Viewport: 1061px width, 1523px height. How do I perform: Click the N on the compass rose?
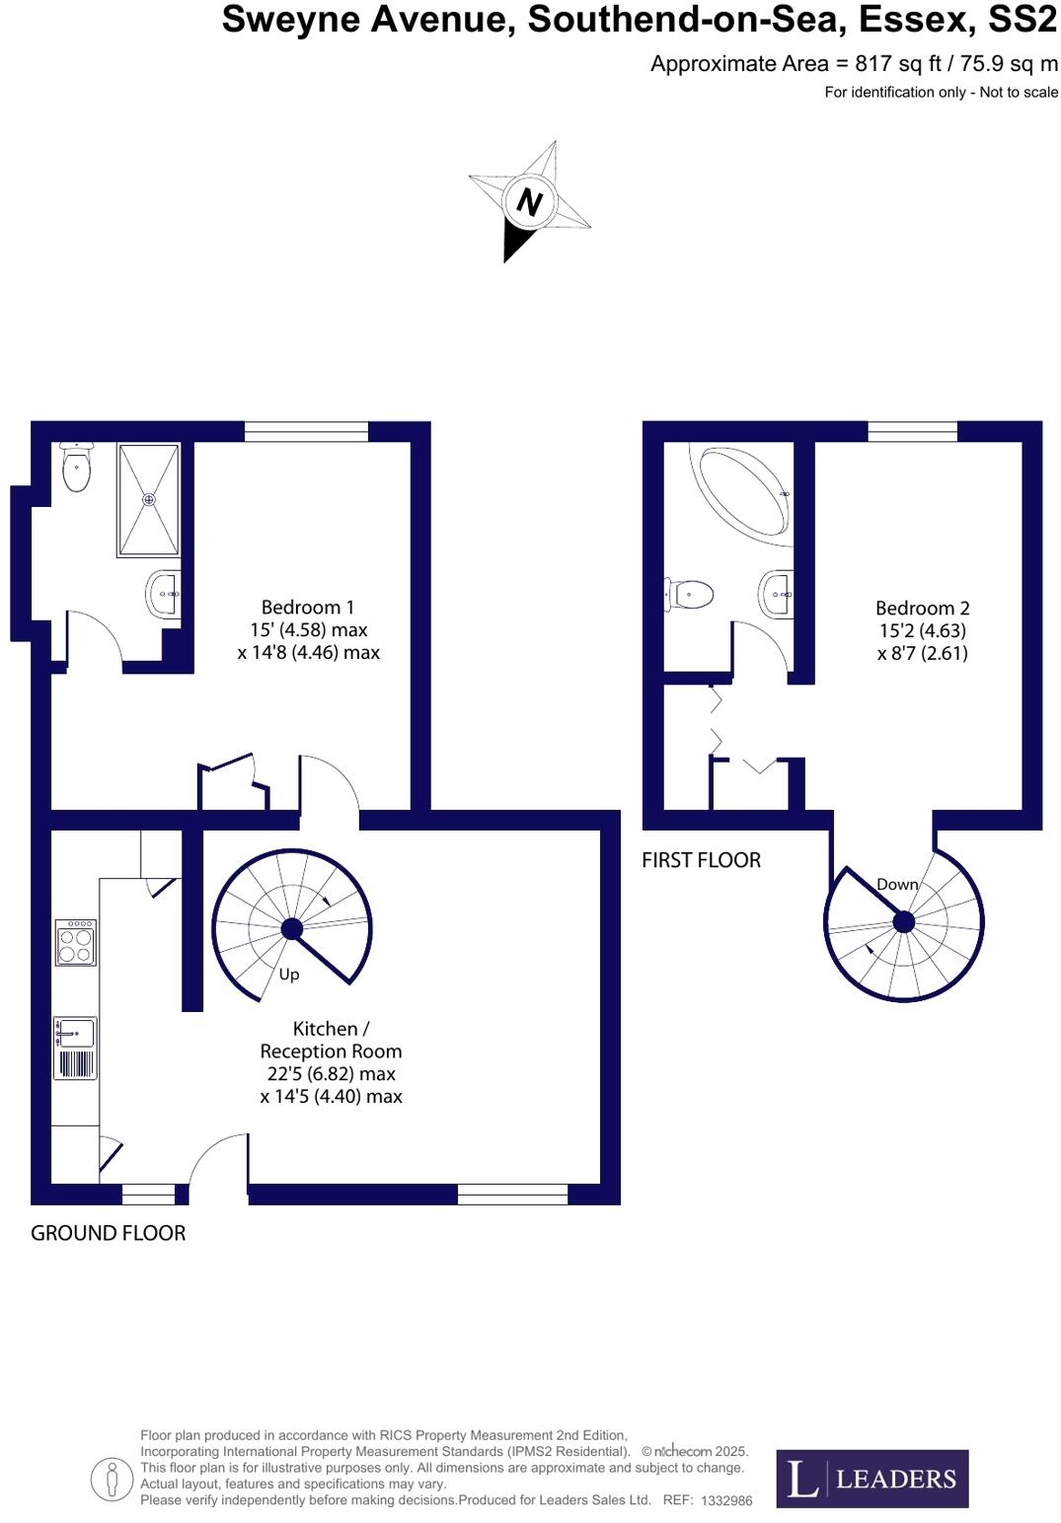coord(530,201)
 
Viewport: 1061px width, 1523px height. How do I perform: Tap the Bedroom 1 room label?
coord(308,629)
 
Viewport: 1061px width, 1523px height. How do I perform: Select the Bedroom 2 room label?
coord(922,630)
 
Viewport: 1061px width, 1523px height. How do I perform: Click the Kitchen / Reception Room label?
coord(331,1061)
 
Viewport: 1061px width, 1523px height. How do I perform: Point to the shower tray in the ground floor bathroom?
coord(149,499)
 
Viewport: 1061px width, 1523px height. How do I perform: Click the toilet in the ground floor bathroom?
coord(76,469)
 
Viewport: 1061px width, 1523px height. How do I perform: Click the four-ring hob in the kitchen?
coord(76,942)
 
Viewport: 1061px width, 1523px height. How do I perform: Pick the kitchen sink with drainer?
coord(76,1048)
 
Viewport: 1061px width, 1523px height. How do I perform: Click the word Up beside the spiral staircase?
coord(289,975)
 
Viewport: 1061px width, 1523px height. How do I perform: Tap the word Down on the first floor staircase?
coord(897,885)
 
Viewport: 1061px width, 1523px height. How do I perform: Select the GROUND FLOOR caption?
coord(108,1233)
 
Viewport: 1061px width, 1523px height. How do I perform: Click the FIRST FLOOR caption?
coord(701,860)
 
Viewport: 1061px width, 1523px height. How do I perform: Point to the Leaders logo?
coord(872,1479)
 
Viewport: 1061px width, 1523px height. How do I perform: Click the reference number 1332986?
coord(726,1500)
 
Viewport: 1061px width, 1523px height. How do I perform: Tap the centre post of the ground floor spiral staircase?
coord(292,928)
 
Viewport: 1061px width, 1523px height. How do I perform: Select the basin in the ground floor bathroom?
coord(164,594)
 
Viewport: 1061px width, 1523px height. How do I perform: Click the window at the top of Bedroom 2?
coord(913,431)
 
